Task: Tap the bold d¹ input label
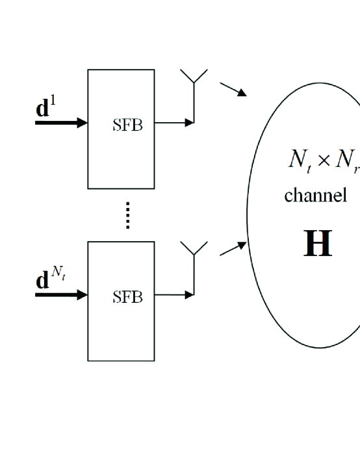click(46, 107)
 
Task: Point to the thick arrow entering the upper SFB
click(61, 122)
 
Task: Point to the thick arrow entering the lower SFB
click(61, 295)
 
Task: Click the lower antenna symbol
click(194, 248)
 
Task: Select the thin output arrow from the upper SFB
click(174, 122)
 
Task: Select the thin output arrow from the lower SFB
click(174, 295)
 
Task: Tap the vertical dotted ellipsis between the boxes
click(128, 215)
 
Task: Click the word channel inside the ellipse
click(315, 195)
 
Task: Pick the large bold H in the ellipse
click(318, 243)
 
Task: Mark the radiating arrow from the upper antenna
click(233, 89)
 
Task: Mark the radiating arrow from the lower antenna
click(233, 249)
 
